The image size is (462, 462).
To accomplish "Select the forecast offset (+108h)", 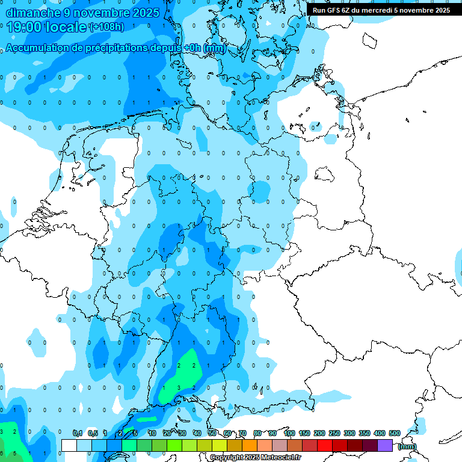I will (106, 27).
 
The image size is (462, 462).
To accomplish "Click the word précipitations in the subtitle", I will (114, 48).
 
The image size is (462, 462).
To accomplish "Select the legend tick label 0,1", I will (77, 433).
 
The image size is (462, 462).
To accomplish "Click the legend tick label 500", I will (395, 433).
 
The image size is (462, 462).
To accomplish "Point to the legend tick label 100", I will (289, 433).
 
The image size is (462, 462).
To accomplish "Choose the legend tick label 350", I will (365, 433).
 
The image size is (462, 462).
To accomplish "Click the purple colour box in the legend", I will (385, 445).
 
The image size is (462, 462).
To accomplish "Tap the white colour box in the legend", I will (69, 445).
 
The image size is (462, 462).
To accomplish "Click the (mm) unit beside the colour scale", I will (407, 446).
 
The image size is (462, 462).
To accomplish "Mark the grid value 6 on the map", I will (2, 453).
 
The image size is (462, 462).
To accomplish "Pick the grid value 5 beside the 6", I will (15, 453).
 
